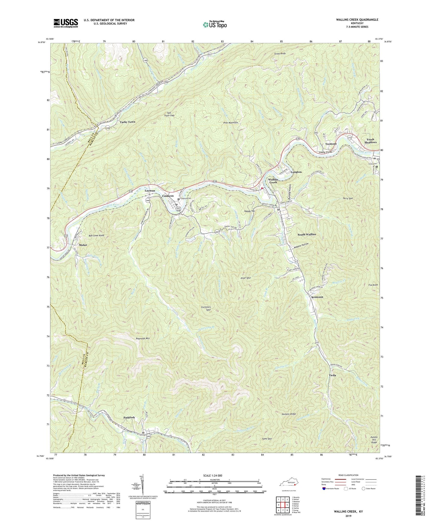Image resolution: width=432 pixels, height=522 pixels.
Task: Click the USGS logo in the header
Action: [x=66, y=23]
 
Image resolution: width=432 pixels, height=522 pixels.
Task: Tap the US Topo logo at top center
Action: [x=214, y=25]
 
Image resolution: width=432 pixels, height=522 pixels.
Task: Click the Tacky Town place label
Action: [x=128, y=122]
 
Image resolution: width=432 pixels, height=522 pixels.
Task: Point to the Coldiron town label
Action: [x=168, y=196]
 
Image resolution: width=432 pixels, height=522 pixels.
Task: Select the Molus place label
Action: [x=83, y=245]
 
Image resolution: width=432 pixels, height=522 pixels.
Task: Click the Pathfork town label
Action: [x=129, y=417]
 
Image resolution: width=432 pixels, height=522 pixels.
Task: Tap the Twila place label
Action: [x=332, y=375]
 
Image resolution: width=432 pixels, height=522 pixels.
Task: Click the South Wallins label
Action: [x=306, y=234]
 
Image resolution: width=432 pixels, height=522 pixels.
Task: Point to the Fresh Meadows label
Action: [x=370, y=141]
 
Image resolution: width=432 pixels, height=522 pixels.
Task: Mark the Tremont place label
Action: [x=331, y=144]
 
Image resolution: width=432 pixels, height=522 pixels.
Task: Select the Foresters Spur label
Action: [x=206, y=308]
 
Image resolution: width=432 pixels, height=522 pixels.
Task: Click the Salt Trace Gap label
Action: [x=169, y=114]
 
